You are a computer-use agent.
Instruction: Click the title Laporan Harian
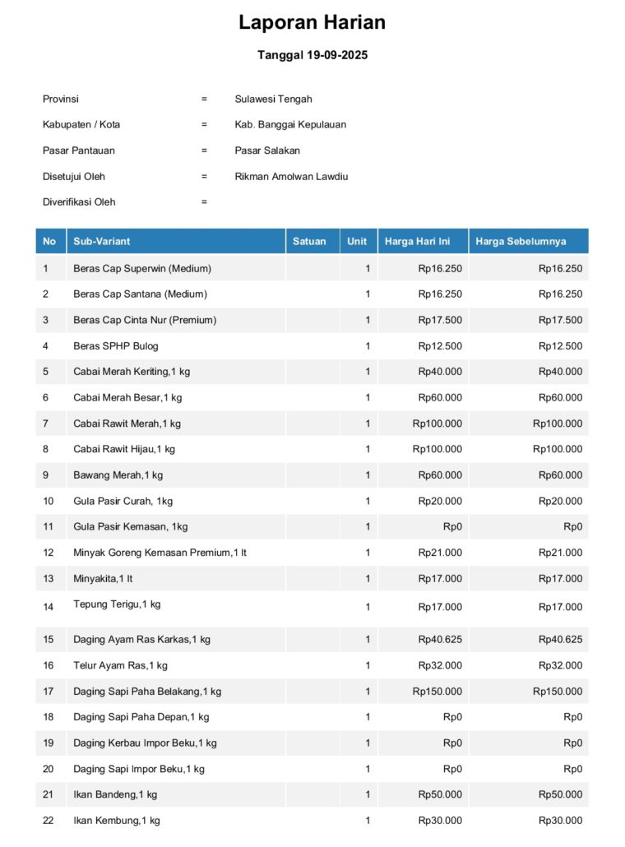(x=312, y=22)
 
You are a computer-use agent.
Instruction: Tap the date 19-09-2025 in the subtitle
(x=336, y=56)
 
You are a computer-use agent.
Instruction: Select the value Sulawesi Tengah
(x=273, y=99)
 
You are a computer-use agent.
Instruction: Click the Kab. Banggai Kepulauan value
(x=290, y=125)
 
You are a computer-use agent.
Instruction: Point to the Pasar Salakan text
(x=267, y=150)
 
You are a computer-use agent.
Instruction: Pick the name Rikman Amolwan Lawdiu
(x=291, y=176)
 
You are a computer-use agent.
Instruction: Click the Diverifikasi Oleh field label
(x=79, y=202)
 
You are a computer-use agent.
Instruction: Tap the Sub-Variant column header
(x=102, y=241)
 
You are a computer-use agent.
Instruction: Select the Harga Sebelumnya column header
(x=521, y=241)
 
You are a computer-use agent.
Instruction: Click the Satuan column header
(x=309, y=241)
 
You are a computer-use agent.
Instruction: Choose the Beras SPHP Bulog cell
(x=116, y=346)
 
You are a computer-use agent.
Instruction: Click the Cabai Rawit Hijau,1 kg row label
(x=124, y=449)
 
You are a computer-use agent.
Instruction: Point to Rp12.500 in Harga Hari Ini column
(x=440, y=346)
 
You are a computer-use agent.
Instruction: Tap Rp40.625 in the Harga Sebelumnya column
(x=560, y=639)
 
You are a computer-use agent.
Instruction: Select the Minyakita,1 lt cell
(x=103, y=579)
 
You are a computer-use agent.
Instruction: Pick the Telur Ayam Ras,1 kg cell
(x=120, y=665)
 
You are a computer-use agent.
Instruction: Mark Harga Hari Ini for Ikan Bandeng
(x=440, y=794)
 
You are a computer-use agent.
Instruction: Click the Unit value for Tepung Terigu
(x=368, y=607)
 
